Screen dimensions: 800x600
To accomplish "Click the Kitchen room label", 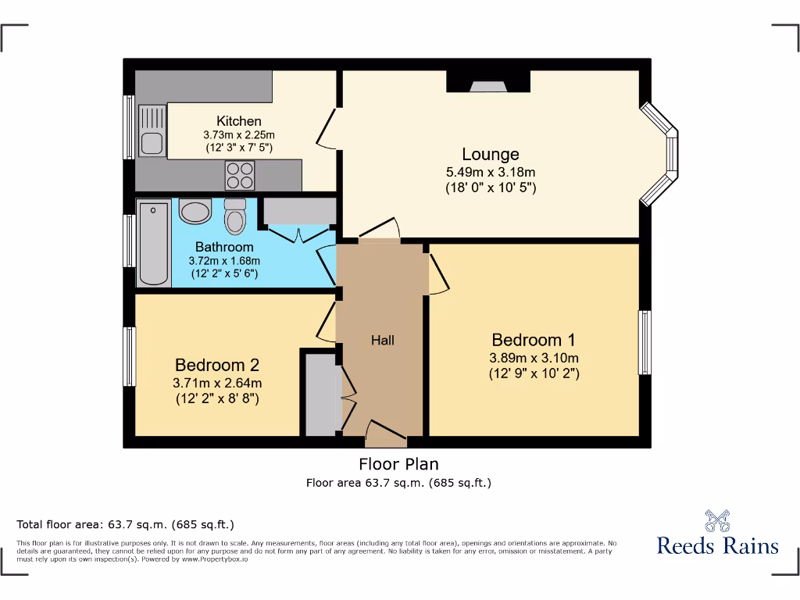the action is [x=239, y=121].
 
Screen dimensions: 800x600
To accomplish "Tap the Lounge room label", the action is [x=491, y=154].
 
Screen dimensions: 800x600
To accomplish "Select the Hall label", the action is [x=382, y=341].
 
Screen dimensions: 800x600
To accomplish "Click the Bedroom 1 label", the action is [x=533, y=340].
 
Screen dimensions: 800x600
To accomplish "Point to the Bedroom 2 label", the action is [x=217, y=365].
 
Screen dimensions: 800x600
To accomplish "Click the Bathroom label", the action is [x=224, y=247].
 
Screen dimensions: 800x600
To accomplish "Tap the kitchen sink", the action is [x=152, y=130].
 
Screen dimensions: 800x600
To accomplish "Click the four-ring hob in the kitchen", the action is [x=240, y=175].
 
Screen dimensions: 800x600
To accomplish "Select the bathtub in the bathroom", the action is [x=154, y=243].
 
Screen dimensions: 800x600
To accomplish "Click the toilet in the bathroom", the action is [x=234, y=217].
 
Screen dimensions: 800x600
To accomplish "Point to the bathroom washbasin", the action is [x=195, y=212].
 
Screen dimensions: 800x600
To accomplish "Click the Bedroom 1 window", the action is [x=645, y=342].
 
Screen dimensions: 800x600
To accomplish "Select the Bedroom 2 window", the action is [x=130, y=356].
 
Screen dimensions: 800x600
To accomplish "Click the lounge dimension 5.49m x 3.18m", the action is [x=491, y=173].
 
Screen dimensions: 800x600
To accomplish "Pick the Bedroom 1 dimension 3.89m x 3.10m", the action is [x=534, y=358].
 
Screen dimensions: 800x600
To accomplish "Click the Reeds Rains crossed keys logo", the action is [x=717, y=521].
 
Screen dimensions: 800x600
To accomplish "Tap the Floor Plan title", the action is [x=398, y=464].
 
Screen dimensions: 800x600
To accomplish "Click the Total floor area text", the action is [x=125, y=524].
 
